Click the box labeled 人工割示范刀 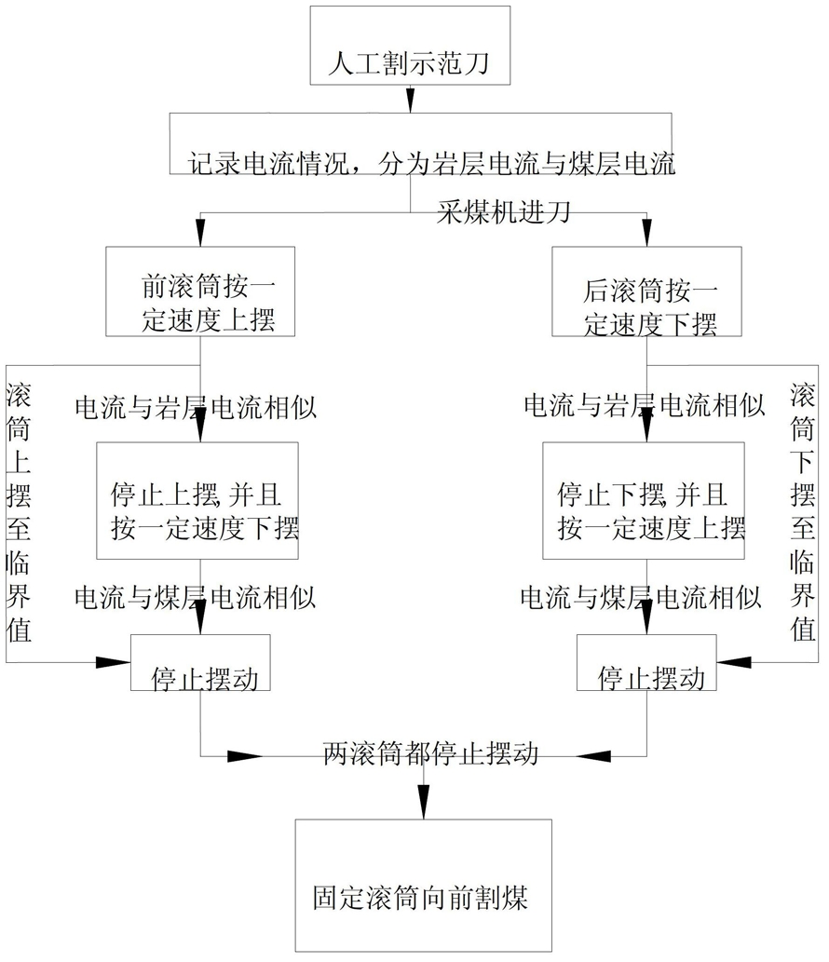coord(410,46)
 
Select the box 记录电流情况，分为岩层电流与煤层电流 coord(420,143)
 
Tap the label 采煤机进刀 coord(504,211)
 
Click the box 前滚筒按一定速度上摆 coord(200,291)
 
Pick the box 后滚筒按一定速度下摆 coord(646,291)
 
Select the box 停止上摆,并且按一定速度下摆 coord(197,501)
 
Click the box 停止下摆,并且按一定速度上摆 coord(644,501)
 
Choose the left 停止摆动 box coord(200,663)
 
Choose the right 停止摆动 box coord(646,663)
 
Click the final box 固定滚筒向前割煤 coord(424,886)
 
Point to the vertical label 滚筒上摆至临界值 coord(19,511)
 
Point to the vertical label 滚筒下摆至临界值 coord(803,511)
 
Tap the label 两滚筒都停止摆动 coord(430,753)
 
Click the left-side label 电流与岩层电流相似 coord(196,407)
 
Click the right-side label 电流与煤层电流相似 coord(641,597)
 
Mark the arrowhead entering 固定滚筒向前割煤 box coord(424,803)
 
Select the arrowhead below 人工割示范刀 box coord(410,99)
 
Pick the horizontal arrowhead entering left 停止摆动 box coord(113,662)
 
